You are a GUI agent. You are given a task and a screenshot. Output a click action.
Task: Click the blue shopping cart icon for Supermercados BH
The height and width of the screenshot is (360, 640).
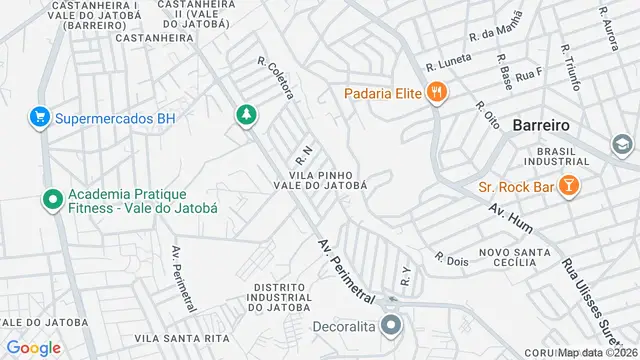coord(40,118)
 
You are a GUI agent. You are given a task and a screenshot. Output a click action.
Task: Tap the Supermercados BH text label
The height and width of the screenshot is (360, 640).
coord(115,118)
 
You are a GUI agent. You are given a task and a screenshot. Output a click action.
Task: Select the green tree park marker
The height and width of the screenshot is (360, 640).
coord(244,116)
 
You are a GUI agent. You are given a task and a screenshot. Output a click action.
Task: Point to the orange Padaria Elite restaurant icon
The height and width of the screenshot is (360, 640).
coord(436,94)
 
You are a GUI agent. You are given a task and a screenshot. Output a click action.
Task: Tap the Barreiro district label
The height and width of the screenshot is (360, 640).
coord(540,126)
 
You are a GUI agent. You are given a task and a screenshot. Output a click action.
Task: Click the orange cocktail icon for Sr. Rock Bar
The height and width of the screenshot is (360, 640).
coord(568,186)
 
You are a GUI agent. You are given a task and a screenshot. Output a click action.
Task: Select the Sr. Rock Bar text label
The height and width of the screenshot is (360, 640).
coord(516,186)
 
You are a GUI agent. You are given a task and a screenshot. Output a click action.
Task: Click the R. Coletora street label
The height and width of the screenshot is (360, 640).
coord(276,77)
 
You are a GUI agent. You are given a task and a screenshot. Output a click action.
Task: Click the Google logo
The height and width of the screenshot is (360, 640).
coord(34,347)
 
